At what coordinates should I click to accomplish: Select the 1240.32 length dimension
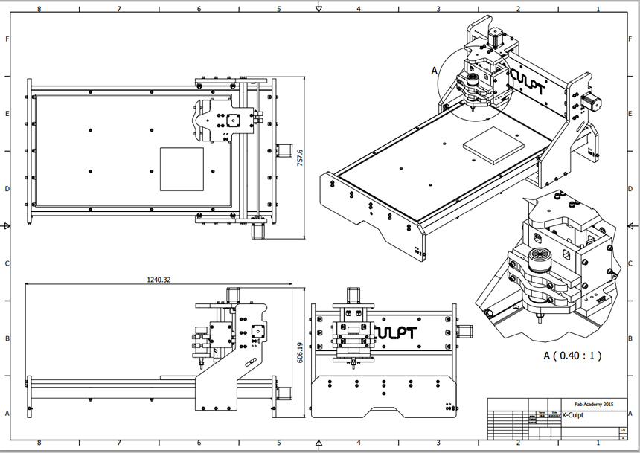click(159, 280)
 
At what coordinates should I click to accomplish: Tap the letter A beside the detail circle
click(435, 71)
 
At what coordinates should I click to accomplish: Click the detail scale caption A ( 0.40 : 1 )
click(572, 356)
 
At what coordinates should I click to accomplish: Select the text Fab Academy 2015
click(591, 402)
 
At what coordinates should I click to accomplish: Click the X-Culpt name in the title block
click(573, 415)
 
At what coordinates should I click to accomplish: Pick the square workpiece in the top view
click(182, 168)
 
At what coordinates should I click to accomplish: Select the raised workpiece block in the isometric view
click(493, 144)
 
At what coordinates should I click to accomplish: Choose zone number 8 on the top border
click(39, 9)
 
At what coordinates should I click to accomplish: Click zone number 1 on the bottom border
click(598, 444)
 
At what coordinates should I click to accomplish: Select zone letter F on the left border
click(7, 39)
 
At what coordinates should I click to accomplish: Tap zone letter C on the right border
click(633, 264)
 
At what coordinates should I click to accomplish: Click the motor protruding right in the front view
click(465, 330)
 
